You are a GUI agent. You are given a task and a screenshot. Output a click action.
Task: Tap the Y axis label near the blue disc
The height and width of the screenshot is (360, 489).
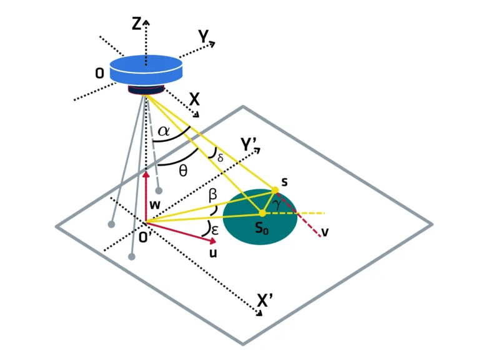pos(204,37)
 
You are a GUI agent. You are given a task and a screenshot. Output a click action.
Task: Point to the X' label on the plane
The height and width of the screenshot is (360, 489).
pos(265,301)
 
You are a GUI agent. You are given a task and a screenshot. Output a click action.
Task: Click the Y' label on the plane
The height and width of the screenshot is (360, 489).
pos(249,145)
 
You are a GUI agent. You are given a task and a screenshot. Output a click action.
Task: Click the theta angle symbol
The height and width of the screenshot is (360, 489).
pos(182,171)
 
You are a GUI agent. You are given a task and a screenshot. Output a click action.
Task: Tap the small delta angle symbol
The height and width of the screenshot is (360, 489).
pos(220,156)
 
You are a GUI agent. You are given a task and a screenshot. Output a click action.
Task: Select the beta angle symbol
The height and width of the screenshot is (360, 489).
pos(213,196)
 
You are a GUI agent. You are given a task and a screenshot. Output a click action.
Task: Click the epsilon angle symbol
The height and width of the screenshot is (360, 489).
pos(215,229)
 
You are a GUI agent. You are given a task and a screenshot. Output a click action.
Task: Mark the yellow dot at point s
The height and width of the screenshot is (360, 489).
pos(275,189)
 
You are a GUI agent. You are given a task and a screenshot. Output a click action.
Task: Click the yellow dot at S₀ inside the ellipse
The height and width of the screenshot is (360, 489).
pos(263,213)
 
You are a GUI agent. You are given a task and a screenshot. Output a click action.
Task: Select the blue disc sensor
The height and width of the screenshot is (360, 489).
pos(146,69)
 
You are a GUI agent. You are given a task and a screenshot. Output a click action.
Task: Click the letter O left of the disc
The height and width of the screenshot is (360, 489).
pos(99,74)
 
